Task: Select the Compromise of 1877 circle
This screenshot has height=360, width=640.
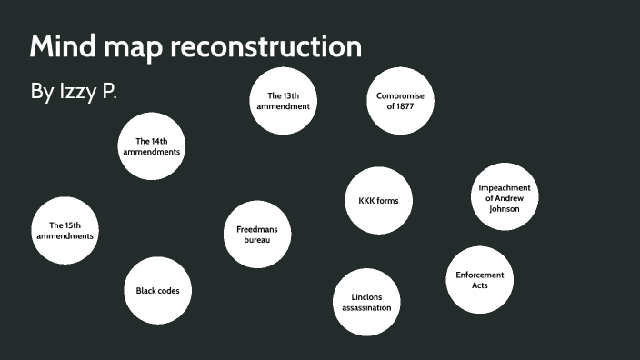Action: [x=400, y=100]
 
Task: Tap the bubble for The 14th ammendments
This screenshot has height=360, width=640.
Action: [x=152, y=145]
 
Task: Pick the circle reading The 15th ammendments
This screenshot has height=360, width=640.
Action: [x=65, y=230]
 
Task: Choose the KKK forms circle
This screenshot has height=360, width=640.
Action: [x=379, y=201]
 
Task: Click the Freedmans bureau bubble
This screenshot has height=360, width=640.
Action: [x=257, y=234]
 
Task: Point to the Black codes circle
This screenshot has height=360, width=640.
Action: [x=158, y=291]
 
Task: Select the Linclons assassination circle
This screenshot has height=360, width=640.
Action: [x=366, y=302]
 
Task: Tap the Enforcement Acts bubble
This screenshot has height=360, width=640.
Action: [x=479, y=280]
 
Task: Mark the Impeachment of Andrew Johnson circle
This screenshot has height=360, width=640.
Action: [x=505, y=198]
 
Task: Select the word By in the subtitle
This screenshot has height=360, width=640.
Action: [x=43, y=93]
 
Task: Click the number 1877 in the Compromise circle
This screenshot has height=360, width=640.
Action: [x=400, y=105]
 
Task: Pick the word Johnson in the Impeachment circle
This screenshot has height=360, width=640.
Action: [x=505, y=208]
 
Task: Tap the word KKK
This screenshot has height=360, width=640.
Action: [x=362, y=201]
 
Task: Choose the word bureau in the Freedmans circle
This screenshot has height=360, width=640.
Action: [x=257, y=239]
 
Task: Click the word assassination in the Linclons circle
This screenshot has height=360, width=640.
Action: [x=366, y=307]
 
